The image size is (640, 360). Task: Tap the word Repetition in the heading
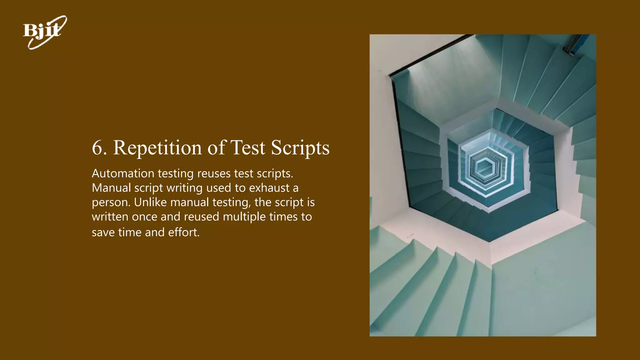(157, 147)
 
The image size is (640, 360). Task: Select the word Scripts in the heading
(300, 147)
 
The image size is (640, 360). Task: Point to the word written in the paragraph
(110, 217)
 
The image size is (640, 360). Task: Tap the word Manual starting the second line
(111, 188)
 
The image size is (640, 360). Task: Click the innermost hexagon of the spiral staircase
(485, 165)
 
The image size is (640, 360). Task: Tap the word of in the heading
(216, 147)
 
